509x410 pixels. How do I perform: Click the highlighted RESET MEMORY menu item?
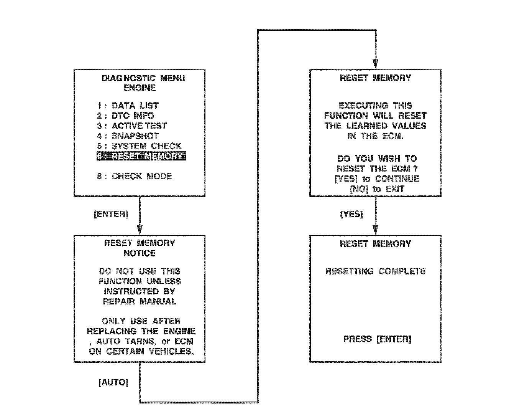click(141, 156)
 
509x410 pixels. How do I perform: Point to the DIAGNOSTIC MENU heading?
click(143, 78)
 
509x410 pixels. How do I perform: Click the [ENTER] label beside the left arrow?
click(111, 214)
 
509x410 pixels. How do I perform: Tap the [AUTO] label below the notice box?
click(113, 382)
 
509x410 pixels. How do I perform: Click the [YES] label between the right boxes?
click(351, 214)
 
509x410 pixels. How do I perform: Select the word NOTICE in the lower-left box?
click(140, 253)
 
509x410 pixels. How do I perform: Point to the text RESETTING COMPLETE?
click(375, 271)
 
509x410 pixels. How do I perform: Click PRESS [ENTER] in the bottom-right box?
click(377, 339)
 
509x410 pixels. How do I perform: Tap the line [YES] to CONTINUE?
click(377, 179)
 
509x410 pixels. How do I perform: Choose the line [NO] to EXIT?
click(377, 189)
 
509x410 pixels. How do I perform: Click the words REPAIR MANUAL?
click(140, 301)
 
